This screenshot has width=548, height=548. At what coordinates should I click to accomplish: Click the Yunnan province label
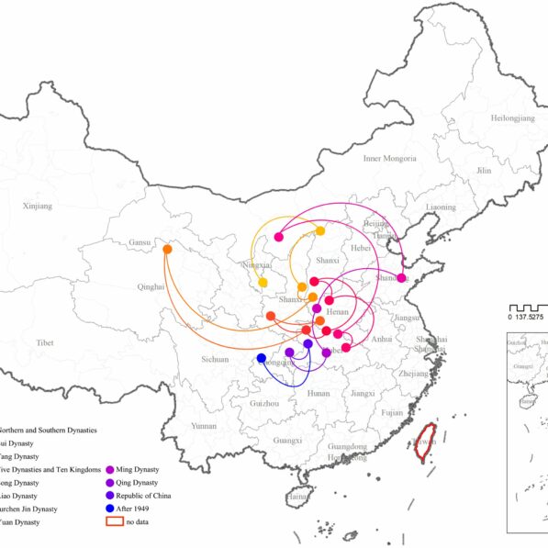[204, 426]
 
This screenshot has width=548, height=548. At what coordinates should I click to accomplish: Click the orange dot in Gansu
[167, 249]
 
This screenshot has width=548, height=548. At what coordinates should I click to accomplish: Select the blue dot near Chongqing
[262, 358]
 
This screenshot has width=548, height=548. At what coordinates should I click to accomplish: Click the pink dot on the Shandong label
[401, 278]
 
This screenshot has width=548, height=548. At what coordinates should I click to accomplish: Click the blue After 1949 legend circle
[111, 509]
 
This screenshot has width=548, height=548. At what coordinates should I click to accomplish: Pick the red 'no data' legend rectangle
[115, 521]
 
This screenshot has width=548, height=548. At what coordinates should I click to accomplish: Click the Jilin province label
[484, 171]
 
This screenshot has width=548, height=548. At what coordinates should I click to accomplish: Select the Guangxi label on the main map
[287, 441]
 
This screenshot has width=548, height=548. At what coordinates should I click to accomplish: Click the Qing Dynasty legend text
[145, 483]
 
